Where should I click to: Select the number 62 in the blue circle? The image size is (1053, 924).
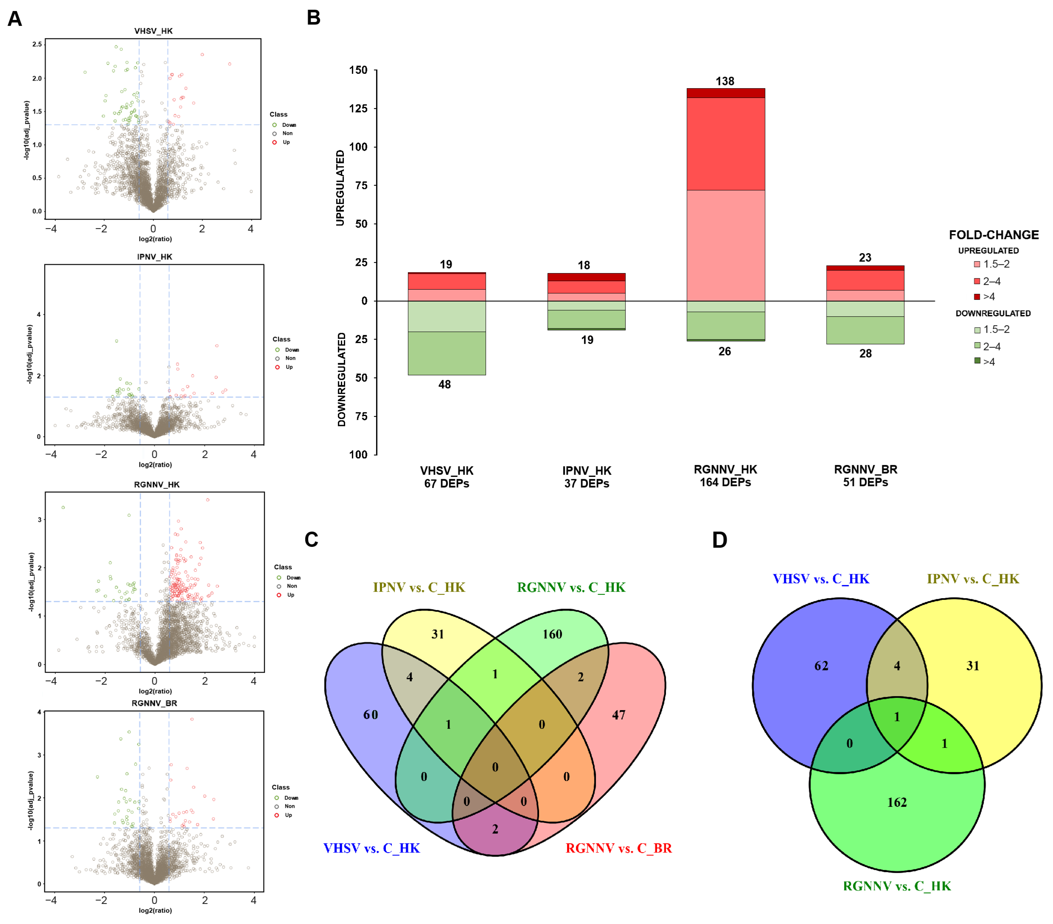tap(821, 666)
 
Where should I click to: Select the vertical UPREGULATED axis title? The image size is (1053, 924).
tap(340, 188)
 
